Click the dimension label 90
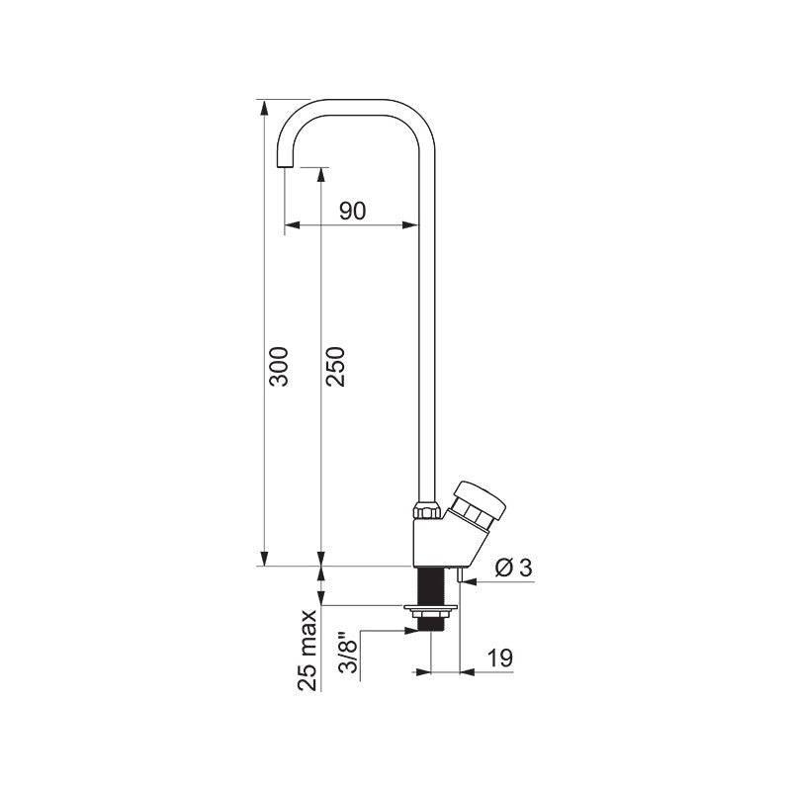tap(352, 211)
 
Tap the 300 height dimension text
tap(279, 367)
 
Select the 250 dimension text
tap(335, 367)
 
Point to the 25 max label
tap(308, 651)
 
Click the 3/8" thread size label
tap(348, 652)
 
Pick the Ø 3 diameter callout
tap(513, 569)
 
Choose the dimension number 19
tap(500, 658)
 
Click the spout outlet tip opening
tap(285, 167)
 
